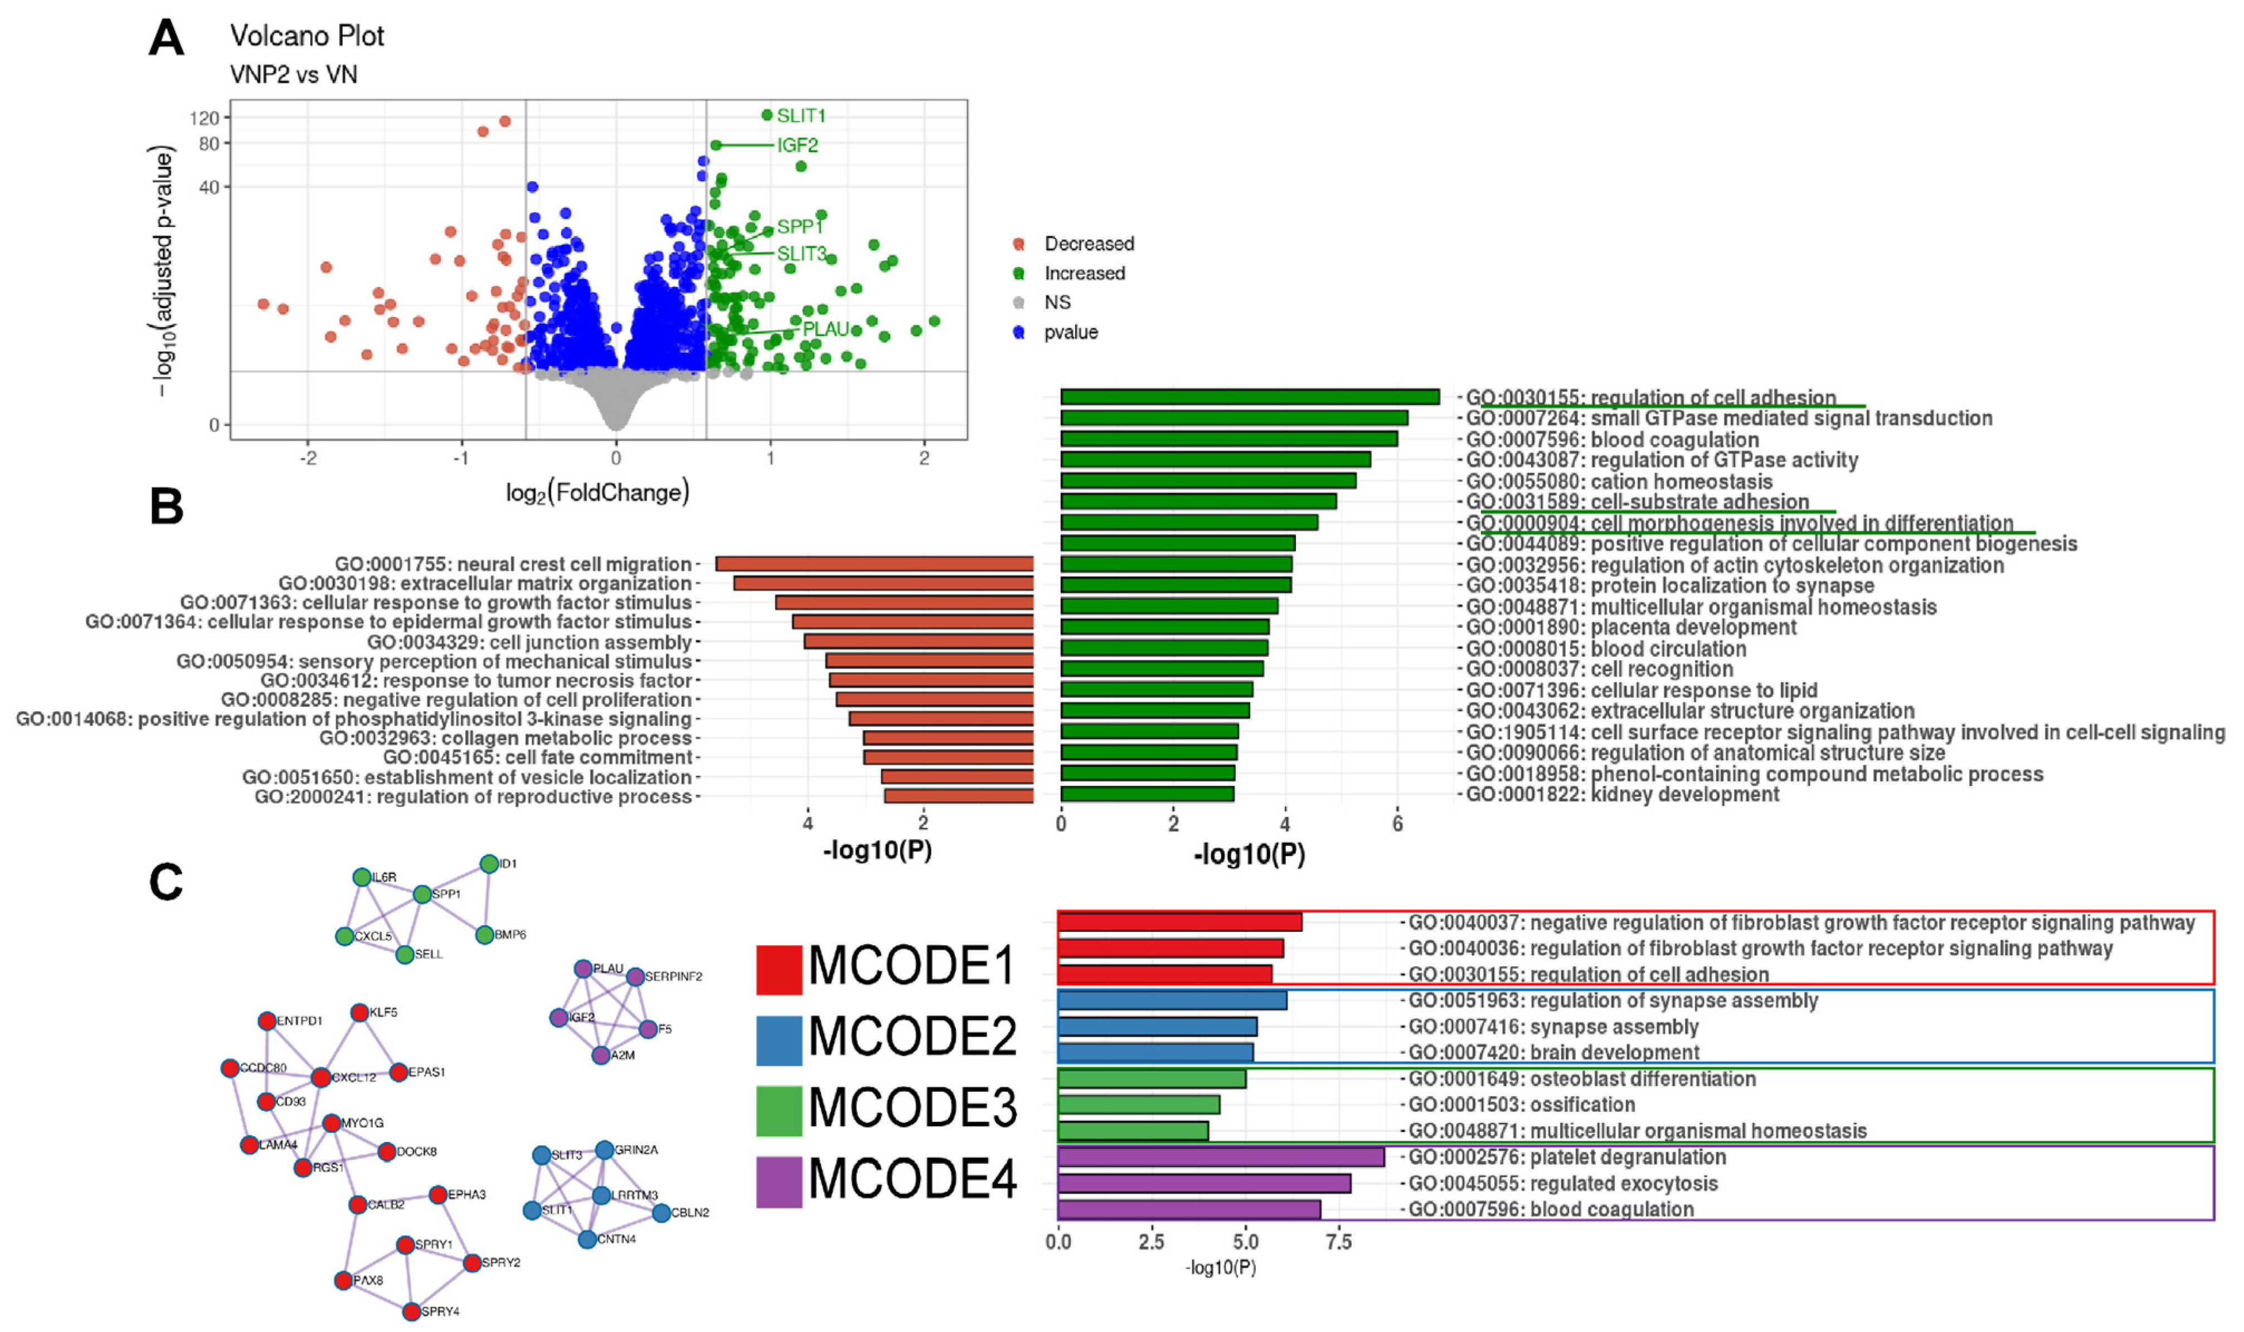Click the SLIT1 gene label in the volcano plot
[x=800, y=116]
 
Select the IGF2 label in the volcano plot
[x=797, y=145]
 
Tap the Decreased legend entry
[x=1088, y=244]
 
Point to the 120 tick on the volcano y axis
[x=205, y=118]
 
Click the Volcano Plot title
[x=307, y=36]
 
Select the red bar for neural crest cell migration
[x=875, y=563]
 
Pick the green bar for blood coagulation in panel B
[x=1229, y=439]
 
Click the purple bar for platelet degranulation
[x=1221, y=1157]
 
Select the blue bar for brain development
[x=1155, y=1052]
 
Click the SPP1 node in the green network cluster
[x=422, y=895]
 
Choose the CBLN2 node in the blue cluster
[x=662, y=1213]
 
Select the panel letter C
[x=166, y=882]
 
